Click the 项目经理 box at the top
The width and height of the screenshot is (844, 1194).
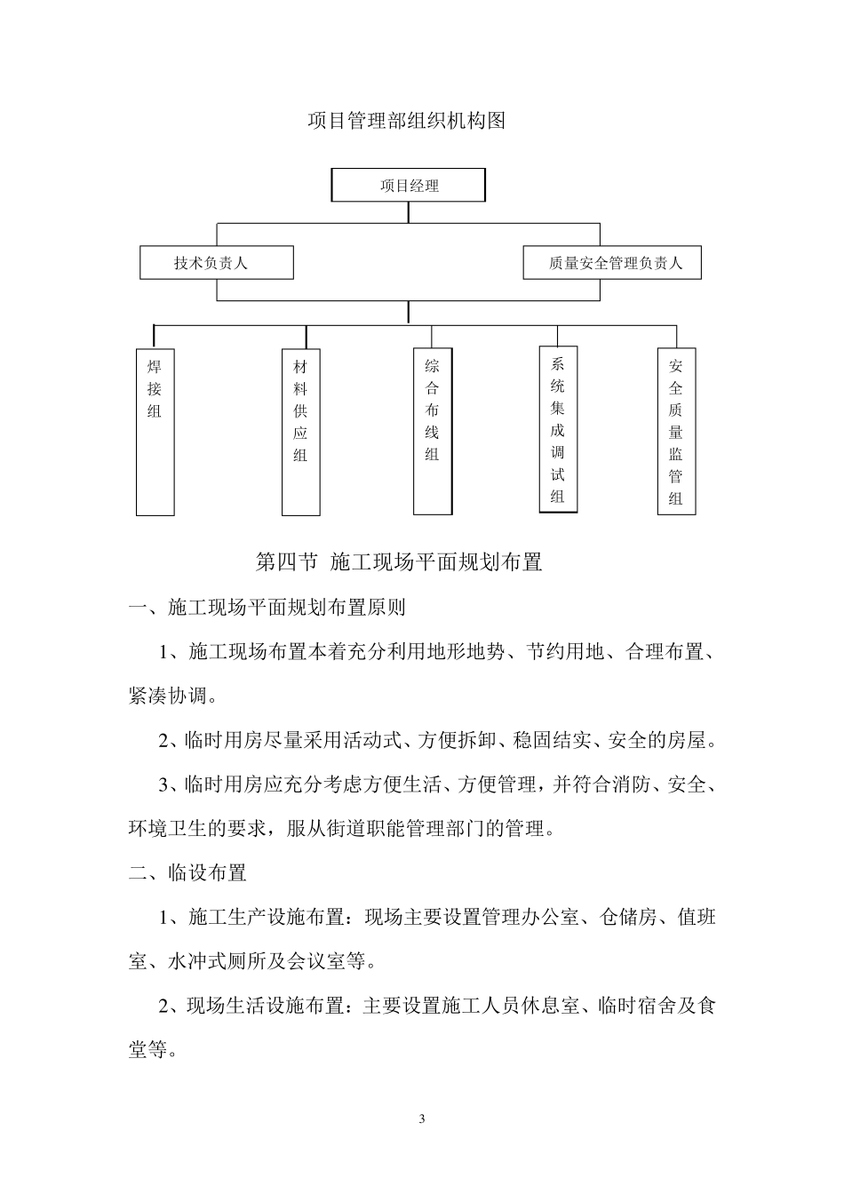tap(409, 186)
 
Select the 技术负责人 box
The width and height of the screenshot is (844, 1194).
tap(217, 263)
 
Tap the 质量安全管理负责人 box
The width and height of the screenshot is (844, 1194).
tap(611, 263)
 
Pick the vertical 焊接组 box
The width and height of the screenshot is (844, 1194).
tap(155, 432)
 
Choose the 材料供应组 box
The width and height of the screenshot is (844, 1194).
tap(300, 432)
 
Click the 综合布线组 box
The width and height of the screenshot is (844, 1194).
tap(433, 431)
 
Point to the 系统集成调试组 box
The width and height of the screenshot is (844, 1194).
tap(558, 429)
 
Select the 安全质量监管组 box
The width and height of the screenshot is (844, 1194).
tap(676, 431)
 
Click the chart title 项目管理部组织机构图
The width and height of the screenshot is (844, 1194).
tap(406, 121)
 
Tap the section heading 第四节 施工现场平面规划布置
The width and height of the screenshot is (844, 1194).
tap(399, 562)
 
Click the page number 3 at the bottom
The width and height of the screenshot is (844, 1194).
tap(422, 1118)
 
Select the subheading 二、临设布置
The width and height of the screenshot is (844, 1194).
tap(187, 873)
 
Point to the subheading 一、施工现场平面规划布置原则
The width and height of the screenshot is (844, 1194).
tap(267, 608)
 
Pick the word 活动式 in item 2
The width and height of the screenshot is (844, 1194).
tap(379, 741)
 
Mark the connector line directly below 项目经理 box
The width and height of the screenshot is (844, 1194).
tap(409, 212)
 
